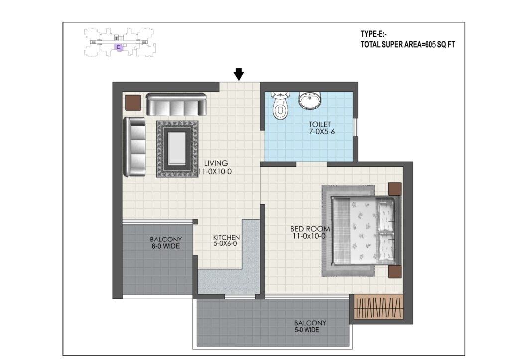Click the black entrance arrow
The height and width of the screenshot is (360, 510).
239,74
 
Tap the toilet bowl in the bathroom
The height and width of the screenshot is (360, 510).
280,106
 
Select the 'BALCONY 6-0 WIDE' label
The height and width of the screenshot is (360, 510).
165,243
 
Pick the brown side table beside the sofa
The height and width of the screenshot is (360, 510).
133,103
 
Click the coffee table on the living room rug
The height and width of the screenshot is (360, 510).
177,148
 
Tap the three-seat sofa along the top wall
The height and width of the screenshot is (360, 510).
176,104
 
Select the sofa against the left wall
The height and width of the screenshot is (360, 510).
134,147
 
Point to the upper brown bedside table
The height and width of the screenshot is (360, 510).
395,189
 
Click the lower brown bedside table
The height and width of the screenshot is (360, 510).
395,272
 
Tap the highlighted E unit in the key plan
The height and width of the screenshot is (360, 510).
119,47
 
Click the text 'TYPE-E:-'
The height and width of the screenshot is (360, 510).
374,34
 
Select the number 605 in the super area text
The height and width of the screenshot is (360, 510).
430,44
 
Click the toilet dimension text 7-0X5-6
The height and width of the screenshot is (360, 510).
322,132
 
